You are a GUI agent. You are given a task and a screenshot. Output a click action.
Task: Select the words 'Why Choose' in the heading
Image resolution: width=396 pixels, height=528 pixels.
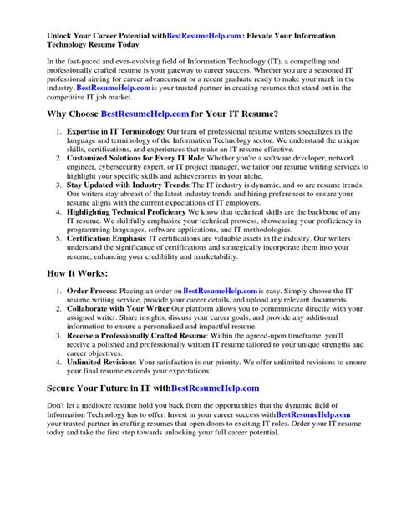[x=69, y=111]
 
